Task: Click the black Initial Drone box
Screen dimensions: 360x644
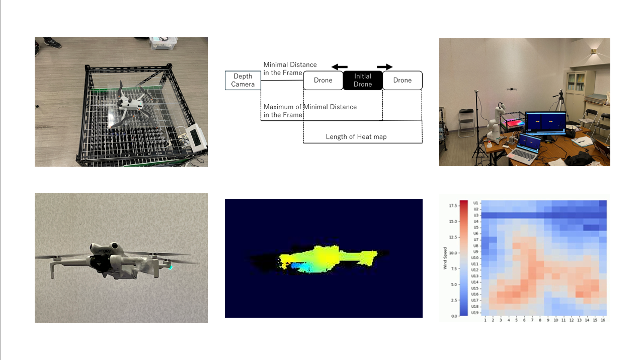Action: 363,80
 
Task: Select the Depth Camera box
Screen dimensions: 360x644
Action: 243,80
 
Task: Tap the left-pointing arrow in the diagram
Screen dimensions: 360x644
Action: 339,66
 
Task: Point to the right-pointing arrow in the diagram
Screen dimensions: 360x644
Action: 385,66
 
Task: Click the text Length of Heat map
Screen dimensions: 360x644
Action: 356,136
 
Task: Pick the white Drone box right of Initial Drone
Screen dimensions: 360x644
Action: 403,80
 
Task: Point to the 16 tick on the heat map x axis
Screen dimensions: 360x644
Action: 602,320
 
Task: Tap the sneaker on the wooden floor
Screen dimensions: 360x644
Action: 51,43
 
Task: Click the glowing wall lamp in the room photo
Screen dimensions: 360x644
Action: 594,50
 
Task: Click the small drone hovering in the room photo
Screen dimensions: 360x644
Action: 512,89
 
